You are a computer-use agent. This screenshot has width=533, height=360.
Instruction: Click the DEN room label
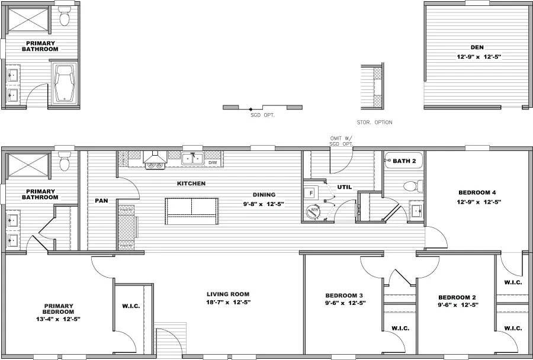(477, 47)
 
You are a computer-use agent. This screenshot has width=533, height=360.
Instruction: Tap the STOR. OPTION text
(374, 123)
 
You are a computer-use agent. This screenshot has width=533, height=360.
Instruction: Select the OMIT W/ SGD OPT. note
(341, 141)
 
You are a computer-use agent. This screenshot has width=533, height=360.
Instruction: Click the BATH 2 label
(405, 160)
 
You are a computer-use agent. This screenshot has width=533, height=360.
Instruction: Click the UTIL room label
(345, 187)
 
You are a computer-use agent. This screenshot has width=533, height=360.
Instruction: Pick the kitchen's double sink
(192, 159)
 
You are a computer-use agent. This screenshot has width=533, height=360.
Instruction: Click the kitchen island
(191, 208)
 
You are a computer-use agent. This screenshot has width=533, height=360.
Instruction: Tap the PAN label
(101, 201)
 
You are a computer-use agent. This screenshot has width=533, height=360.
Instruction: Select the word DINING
(264, 194)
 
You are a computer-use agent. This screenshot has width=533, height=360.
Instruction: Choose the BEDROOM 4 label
(477, 192)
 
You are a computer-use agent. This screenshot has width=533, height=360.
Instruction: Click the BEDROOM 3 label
(344, 295)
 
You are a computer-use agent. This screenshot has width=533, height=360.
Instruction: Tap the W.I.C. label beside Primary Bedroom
(131, 306)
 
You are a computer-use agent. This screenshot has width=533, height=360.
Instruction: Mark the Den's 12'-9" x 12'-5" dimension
(477, 57)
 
